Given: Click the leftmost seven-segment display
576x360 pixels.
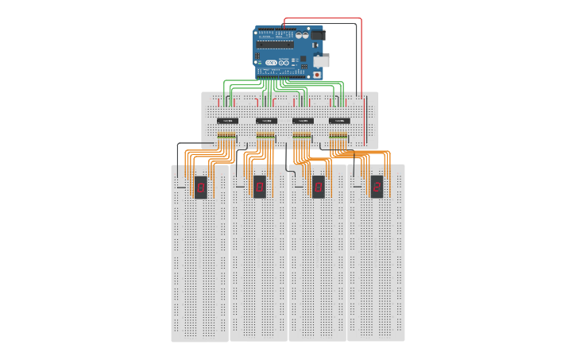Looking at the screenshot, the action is [x=201, y=187].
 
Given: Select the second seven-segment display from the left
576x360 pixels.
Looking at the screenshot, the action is [x=260, y=187].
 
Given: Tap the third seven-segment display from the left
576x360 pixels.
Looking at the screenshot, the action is [x=318, y=187].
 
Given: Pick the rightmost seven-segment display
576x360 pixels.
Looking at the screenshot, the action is [x=377, y=187].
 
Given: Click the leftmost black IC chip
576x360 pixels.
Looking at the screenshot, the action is [x=227, y=121].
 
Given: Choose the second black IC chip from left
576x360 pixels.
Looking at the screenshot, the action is [x=265, y=121].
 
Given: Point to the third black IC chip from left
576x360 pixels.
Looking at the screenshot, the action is [x=303, y=121].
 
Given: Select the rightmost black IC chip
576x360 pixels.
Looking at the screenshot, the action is [x=339, y=121].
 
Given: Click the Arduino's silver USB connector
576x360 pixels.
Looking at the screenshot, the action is [x=321, y=61].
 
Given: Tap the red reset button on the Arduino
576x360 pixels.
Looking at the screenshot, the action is [x=317, y=75].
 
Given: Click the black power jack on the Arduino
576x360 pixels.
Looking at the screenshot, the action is [x=317, y=36].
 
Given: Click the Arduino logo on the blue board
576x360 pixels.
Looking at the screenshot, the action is [x=271, y=62].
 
